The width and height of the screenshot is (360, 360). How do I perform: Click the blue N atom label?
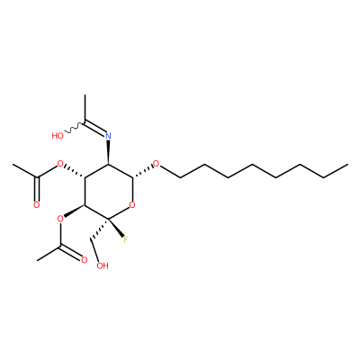coord(108,136)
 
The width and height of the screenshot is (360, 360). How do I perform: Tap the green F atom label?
coord(126,239)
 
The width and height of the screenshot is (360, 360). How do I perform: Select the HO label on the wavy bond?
coord(58,136)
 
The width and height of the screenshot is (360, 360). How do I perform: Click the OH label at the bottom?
coord(103,265)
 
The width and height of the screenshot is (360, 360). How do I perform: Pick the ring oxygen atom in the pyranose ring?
coord(132,205)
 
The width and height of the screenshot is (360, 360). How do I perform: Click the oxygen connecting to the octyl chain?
coord(156,164)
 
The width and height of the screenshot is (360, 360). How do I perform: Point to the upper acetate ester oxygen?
coord(60,164)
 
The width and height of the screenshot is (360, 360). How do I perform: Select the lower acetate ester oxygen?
coord(60,219)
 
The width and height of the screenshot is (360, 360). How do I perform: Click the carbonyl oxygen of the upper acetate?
coord(37,205)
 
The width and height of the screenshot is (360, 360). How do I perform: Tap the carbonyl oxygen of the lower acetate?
coord(85,260)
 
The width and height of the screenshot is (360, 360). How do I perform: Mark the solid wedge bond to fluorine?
coord(116,228)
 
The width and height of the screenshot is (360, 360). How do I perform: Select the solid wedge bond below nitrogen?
coord(108,152)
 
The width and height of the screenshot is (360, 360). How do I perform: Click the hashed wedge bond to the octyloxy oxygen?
coord(142,171)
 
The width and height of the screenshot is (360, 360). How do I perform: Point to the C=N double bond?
coord(95,128)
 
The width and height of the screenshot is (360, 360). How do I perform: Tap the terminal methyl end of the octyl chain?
coord(347,165)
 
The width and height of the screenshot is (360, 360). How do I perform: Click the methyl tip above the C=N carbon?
coord(85,95)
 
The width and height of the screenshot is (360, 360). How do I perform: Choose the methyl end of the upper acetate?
coord(13,165)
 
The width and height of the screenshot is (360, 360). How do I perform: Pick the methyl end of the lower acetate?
coord(37,260)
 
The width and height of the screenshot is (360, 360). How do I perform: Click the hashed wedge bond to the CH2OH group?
coord(99,229)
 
